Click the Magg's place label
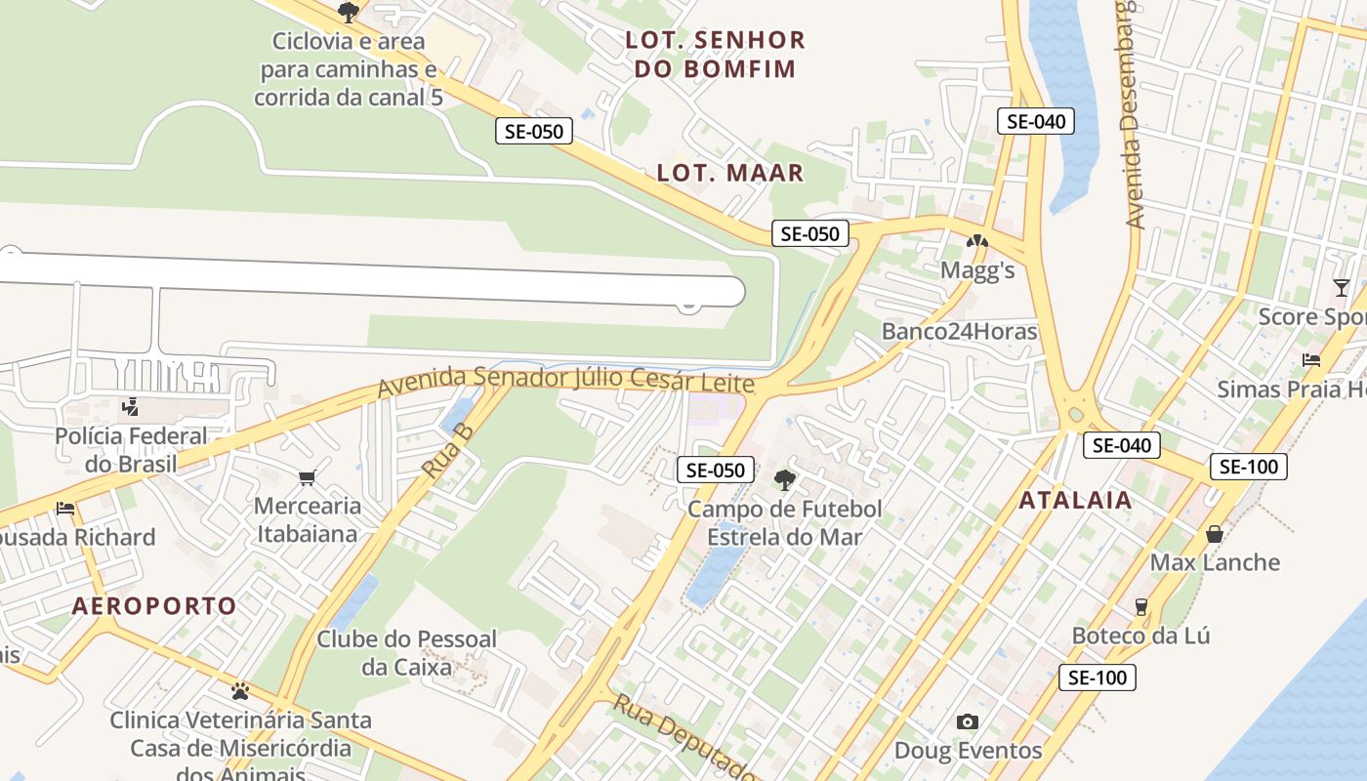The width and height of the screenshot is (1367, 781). tap(977, 270)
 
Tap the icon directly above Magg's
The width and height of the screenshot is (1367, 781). tap(977, 241)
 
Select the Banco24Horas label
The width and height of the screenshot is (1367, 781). tap(959, 331)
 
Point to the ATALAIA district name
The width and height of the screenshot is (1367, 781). tap(1076, 501)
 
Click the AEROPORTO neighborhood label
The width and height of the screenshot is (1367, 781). tap(154, 606)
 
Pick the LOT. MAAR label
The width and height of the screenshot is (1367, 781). tap(730, 174)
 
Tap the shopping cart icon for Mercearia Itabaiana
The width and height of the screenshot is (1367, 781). tap(308, 477)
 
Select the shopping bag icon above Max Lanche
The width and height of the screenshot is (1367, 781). tap(1215, 534)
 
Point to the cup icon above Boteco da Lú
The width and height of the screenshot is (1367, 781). tap(1140, 607)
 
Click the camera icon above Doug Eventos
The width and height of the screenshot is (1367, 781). tap(968, 721)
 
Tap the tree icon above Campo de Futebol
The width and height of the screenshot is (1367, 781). tap(784, 479)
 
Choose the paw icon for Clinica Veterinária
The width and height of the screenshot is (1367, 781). tap(240, 691)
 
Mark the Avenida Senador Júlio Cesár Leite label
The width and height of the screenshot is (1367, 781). tap(566, 381)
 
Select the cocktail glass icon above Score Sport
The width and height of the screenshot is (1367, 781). tap(1342, 287)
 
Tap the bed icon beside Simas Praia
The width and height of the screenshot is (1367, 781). tap(1311, 360)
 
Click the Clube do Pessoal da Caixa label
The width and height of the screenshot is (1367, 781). tap(406, 653)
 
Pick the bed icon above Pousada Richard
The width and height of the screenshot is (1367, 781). tap(65, 509)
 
